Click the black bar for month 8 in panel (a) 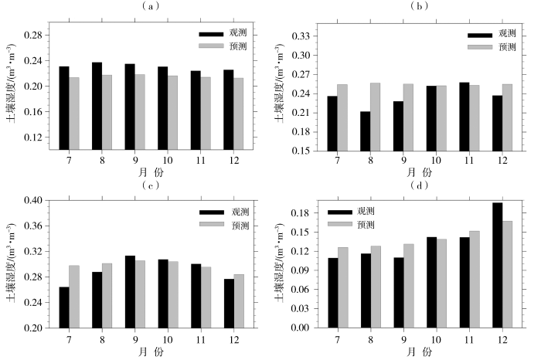97,105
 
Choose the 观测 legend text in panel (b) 507,34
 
